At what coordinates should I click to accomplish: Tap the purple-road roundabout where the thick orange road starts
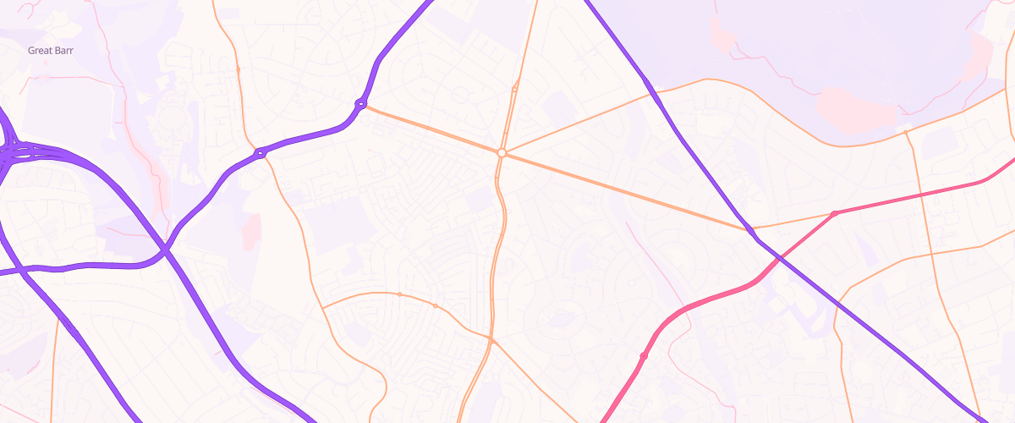pyautogui.click(x=361, y=104)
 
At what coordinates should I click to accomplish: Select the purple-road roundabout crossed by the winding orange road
pyautogui.click(x=261, y=153)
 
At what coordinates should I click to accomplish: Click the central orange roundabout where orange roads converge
pyautogui.click(x=502, y=153)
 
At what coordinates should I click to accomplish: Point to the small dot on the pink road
pyautogui.click(x=644, y=356)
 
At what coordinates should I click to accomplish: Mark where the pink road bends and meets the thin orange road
pyautogui.click(x=834, y=213)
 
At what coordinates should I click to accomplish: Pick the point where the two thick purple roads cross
pyautogui.click(x=165, y=250)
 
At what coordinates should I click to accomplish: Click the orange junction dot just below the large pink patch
pyautogui.click(x=906, y=132)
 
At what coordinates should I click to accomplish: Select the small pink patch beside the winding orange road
pyautogui.click(x=251, y=231)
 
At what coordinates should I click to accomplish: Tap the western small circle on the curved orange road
pyautogui.click(x=399, y=294)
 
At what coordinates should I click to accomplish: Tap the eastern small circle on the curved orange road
pyautogui.click(x=435, y=305)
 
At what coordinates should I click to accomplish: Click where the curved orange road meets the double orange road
pyautogui.click(x=491, y=341)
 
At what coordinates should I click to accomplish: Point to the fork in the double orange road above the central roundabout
pyautogui.click(x=514, y=88)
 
